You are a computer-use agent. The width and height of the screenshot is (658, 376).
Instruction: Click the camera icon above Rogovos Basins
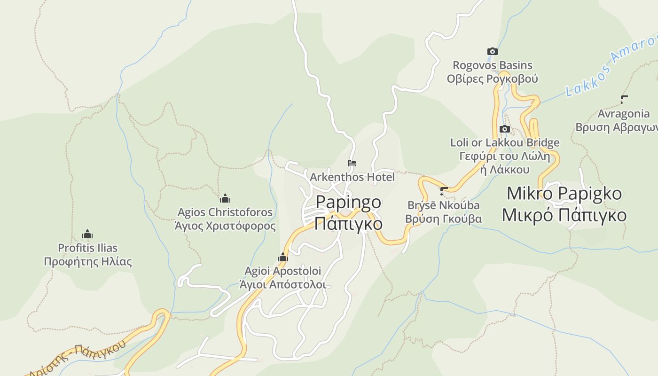coord(492,52)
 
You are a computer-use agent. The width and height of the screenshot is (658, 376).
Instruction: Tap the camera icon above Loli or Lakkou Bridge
coord(504,129)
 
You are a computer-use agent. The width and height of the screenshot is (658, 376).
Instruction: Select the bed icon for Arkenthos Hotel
coord(352,163)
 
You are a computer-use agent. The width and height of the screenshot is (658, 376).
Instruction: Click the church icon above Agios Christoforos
coord(225,198)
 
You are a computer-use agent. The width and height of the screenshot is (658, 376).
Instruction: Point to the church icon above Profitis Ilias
coord(87,234)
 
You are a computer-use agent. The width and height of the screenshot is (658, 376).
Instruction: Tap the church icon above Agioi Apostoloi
coord(282,257)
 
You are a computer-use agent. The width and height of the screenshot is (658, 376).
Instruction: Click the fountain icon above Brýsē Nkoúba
coord(443,191)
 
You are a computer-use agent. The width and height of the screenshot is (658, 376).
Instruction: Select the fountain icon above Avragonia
coord(624,100)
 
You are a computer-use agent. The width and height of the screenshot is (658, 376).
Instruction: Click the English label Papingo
coord(348,203)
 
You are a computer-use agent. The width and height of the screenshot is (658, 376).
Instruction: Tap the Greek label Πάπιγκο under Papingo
coord(348,223)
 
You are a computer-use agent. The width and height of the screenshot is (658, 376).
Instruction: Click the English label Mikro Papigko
coord(564,194)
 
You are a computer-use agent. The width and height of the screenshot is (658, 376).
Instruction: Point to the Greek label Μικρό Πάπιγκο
coord(564,215)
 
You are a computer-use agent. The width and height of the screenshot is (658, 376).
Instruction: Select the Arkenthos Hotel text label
coord(352,177)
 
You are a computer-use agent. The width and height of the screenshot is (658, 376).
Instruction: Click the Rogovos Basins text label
coord(492,65)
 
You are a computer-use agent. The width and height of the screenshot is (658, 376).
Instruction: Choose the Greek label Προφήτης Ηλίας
coord(88,262)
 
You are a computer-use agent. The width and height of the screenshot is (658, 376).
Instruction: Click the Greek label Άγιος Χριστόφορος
coord(225,226)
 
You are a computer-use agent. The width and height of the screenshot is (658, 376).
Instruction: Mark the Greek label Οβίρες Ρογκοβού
coord(492,78)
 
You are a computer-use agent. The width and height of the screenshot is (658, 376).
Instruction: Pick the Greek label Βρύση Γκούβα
coord(443,219)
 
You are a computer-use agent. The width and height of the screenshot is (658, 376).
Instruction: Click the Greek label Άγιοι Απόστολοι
coord(282,284)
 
